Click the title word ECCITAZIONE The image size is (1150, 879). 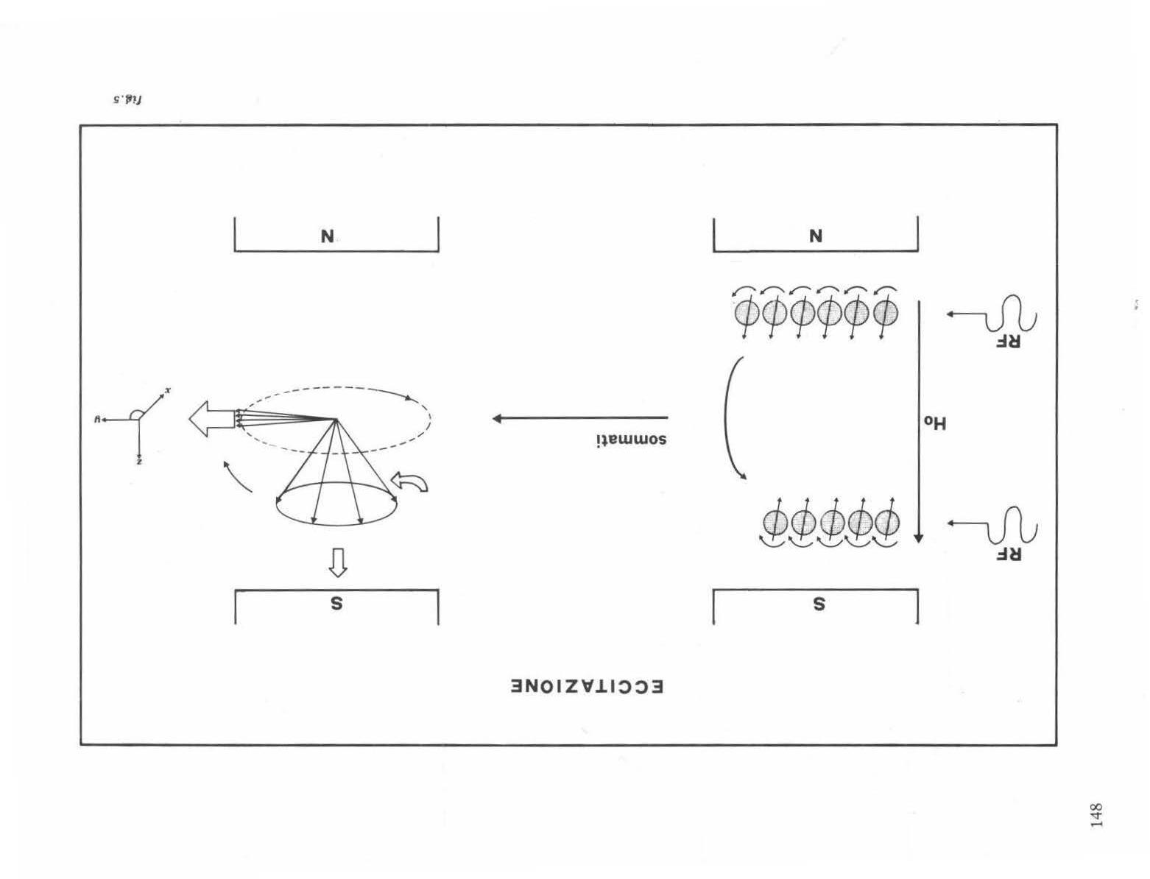coord(587,687)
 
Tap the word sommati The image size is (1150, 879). coord(631,439)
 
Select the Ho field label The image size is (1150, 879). coord(935,423)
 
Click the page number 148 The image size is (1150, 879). coord(1096,816)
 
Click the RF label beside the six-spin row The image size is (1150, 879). coord(1008,342)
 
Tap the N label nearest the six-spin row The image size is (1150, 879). coord(815,236)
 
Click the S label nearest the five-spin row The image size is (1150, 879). coord(818,604)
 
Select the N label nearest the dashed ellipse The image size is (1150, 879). coord(328,236)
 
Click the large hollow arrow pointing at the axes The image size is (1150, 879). coord(211,419)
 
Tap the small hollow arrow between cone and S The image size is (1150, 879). coord(336,563)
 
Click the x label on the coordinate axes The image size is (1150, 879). coord(167,391)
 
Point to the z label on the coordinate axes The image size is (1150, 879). coord(139,462)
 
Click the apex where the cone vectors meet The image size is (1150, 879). coord(336,420)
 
